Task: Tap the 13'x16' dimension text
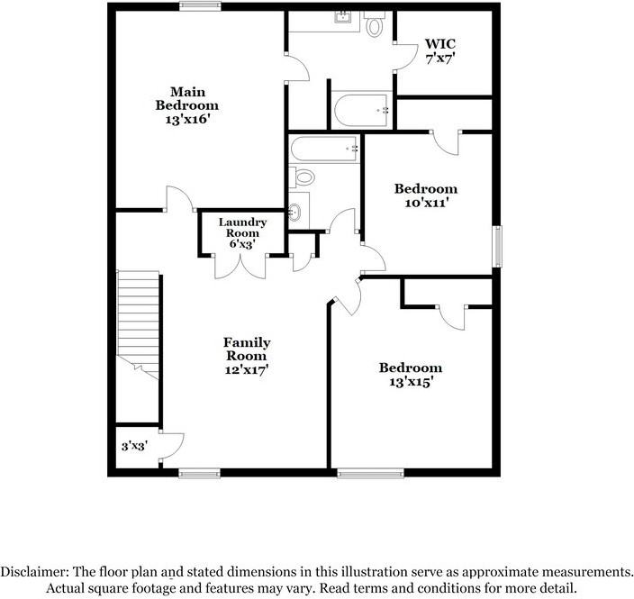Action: tap(188, 119)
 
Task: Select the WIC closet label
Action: tap(440, 43)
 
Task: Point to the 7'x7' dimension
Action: tap(440, 58)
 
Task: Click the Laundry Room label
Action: tap(242, 227)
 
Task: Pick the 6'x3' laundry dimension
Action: tap(242, 244)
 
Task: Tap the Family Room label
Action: tap(247, 349)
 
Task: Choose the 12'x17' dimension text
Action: tap(247, 369)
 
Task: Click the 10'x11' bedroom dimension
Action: tap(425, 204)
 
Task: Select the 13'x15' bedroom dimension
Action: tap(410, 382)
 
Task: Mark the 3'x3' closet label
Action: tap(135, 445)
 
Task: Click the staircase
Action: tap(139, 323)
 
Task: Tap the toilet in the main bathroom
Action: tap(376, 24)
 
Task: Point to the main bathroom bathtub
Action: tap(360, 110)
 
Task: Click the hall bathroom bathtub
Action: tap(324, 148)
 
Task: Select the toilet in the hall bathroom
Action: tap(303, 177)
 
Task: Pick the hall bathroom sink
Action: tap(296, 213)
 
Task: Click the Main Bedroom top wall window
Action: tap(200, 7)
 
